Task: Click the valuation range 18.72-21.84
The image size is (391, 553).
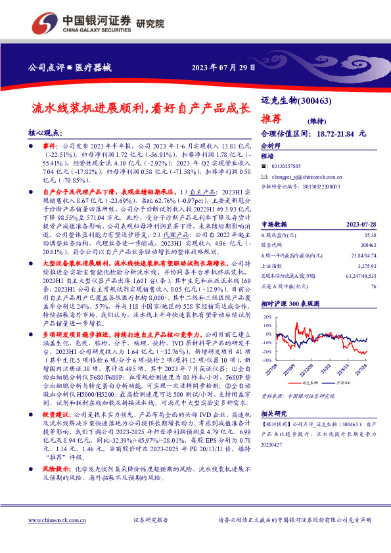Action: click(334, 134)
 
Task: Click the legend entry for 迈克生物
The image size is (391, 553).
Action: click(310, 382)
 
